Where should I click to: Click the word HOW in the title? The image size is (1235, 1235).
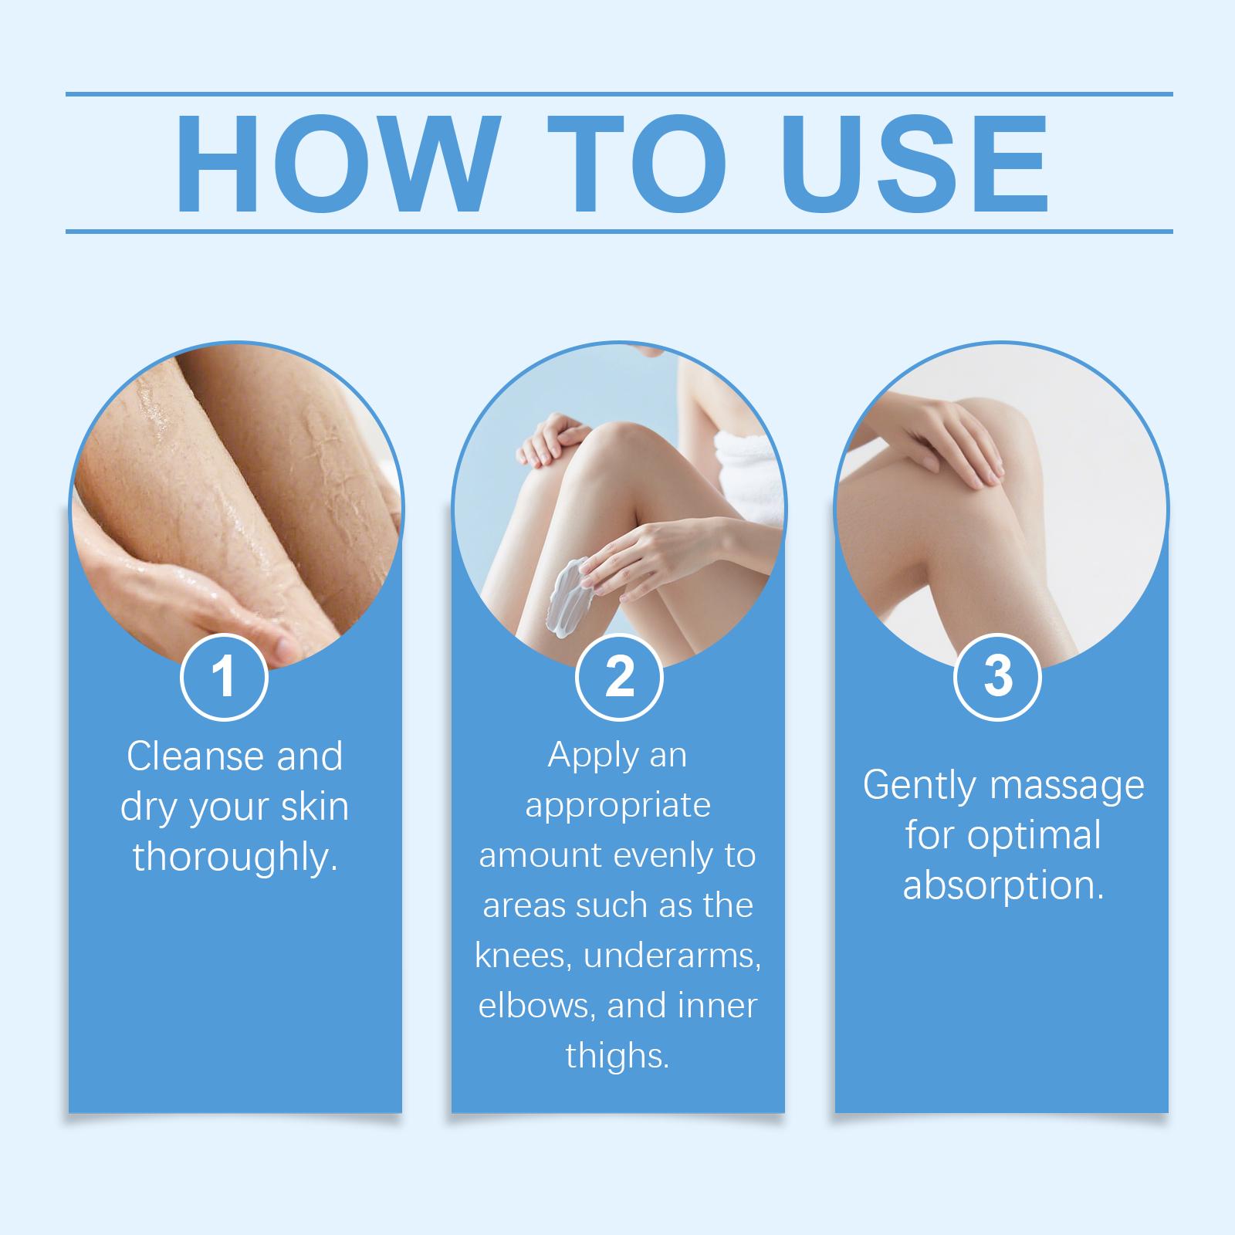click(x=334, y=164)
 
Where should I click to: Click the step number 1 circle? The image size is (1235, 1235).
click(x=224, y=677)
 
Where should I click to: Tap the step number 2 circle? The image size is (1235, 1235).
click(x=619, y=677)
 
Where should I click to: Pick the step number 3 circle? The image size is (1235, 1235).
click(x=998, y=677)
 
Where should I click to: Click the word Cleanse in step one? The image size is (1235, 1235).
click(x=191, y=756)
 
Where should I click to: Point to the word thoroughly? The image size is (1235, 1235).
click(x=235, y=857)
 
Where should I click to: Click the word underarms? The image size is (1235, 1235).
click(x=672, y=956)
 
